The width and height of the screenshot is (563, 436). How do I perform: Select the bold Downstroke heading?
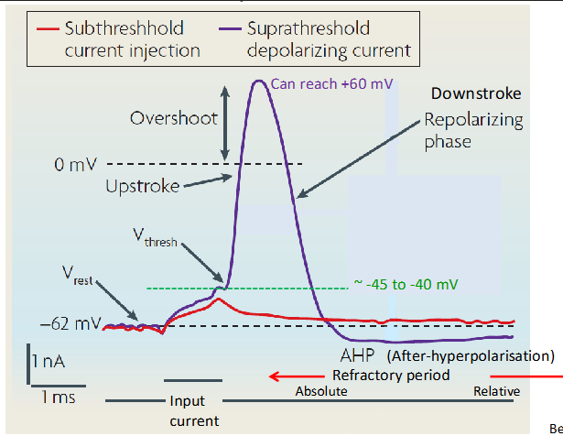476,94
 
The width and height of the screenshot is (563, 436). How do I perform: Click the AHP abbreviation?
358,354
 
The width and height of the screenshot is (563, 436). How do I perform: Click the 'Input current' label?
193,411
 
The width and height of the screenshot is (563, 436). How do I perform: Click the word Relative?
496,391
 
